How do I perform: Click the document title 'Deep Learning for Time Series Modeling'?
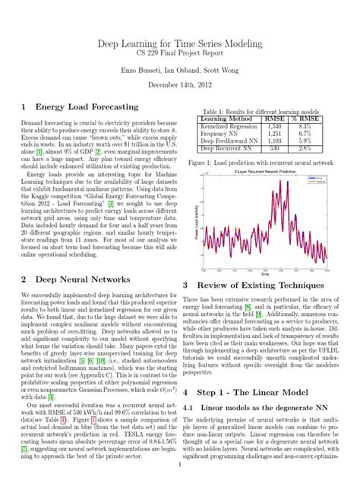tap(179, 46)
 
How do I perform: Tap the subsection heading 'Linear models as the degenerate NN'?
tap(263, 409)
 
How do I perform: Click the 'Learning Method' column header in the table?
tap(226, 119)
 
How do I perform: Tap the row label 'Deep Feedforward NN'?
tap(226, 141)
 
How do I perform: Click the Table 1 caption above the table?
tap(262, 111)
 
